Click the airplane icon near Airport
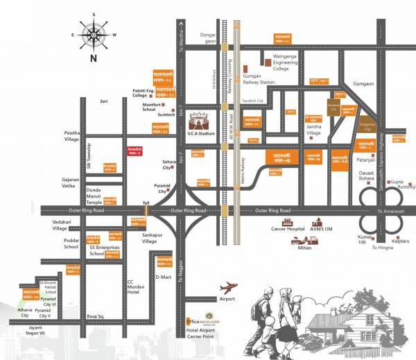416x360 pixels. click(229, 286)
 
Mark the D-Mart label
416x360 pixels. click(163, 277)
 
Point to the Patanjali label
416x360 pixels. click(365, 160)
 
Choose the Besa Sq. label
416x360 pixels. click(95, 315)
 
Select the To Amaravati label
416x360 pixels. click(389, 210)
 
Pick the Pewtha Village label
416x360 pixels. click(73, 135)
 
